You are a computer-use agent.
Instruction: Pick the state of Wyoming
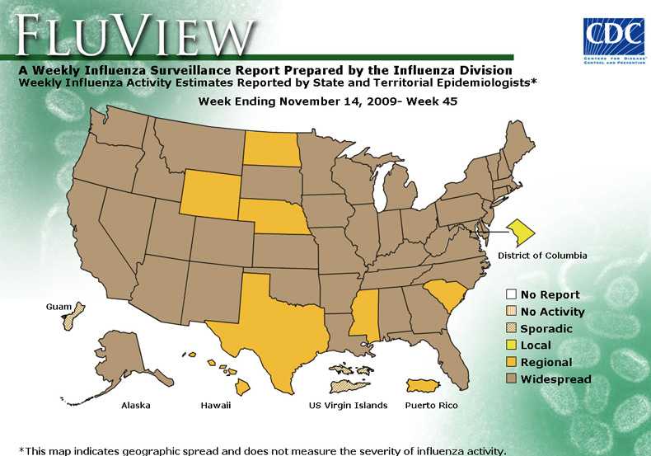(208, 195)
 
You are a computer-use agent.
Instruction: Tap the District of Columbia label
(542, 256)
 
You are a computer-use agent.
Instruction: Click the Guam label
(59, 307)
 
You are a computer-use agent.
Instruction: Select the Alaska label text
(136, 406)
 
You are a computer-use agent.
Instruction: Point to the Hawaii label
(216, 406)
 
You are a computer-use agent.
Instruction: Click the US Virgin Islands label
(348, 406)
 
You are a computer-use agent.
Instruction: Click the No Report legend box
(511, 294)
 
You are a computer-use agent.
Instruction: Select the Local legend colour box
(511, 346)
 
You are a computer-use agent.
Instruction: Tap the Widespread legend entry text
(555, 379)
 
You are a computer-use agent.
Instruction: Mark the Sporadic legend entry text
(546, 328)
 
